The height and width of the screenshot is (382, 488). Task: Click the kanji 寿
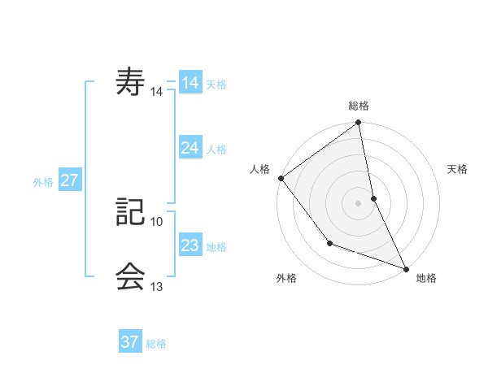(131, 84)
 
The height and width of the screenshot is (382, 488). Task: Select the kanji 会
(131, 277)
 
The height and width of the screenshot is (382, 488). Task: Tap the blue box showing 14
(190, 83)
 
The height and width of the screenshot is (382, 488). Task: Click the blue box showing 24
(190, 148)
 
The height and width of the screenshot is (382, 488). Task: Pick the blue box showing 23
(190, 245)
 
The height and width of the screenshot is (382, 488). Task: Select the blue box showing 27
(69, 180)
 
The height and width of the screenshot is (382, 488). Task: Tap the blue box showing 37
(130, 342)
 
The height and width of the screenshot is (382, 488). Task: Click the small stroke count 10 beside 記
(157, 221)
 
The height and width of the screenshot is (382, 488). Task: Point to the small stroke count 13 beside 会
(157, 286)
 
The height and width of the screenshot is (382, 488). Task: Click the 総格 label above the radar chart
(359, 106)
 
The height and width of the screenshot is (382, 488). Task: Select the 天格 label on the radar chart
(457, 169)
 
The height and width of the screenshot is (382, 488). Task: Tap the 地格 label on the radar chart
(426, 279)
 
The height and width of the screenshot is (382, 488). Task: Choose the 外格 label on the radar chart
(286, 279)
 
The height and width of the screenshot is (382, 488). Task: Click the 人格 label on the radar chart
(260, 169)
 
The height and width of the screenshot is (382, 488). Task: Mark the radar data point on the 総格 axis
(359, 124)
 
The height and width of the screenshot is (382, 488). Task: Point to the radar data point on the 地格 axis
(405, 268)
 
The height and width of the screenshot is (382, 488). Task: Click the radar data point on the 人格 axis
(281, 178)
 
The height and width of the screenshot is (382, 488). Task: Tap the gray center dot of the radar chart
(359, 203)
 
